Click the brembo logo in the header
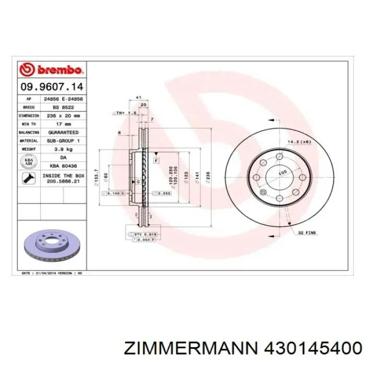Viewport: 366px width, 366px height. coord(51,69)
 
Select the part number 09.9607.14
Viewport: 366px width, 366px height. coord(51,86)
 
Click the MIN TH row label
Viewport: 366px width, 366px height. coord(29,124)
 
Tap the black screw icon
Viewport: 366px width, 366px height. coord(29,179)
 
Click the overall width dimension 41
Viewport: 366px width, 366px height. coord(139,97)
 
